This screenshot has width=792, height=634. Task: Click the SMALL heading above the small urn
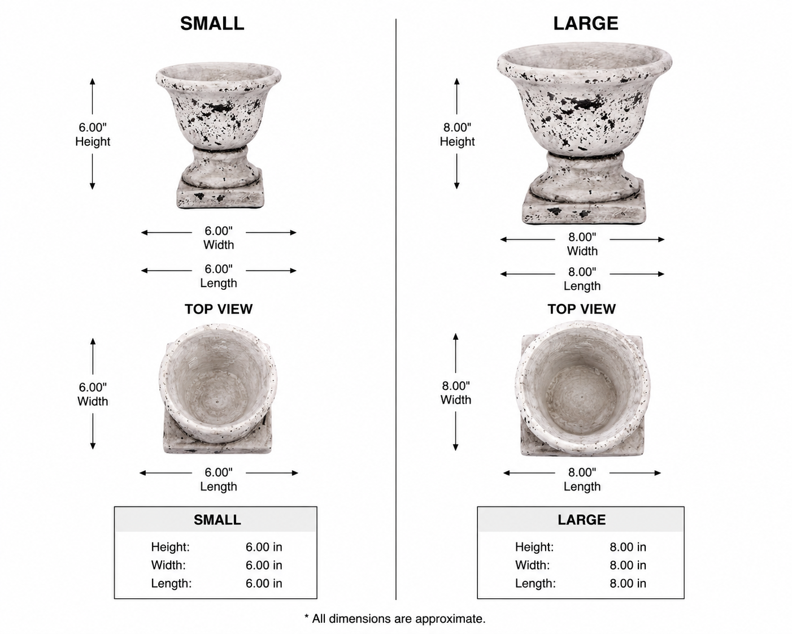pos(212,24)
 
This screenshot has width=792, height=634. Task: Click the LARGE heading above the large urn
pos(586,24)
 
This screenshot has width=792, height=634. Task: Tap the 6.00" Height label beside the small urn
pos(93,134)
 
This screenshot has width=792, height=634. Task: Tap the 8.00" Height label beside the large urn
pos(457,134)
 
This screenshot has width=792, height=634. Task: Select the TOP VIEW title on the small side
pos(219,309)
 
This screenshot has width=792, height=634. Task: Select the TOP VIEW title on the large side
pos(581,309)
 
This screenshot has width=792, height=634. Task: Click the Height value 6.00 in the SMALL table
pos(264,547)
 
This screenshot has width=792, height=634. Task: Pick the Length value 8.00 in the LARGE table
pos(628,583)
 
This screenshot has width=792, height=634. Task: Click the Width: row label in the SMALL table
pos(168,565)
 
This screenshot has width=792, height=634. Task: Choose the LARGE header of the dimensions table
pos(581,520)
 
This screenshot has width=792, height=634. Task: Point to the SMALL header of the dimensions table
pos(217,520)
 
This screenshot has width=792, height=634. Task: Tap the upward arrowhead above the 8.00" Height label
pos(456,81)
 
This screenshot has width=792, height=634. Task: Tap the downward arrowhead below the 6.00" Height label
pos(93,185)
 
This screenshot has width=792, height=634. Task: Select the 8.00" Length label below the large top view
pos(582,479)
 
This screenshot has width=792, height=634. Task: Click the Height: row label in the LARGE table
pos(534,547)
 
